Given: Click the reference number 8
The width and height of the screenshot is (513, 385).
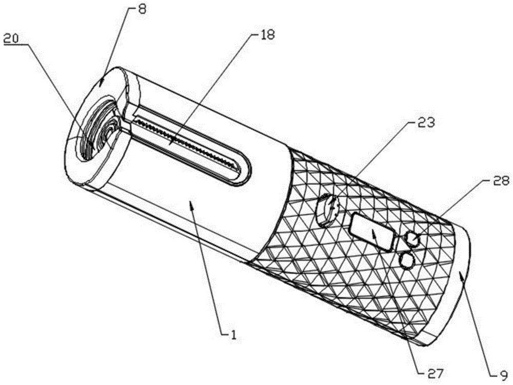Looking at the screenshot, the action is (143, 9).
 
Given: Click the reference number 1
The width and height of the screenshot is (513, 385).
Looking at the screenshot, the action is (233, 334).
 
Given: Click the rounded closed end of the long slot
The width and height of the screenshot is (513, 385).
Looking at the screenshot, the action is (244, 170).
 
